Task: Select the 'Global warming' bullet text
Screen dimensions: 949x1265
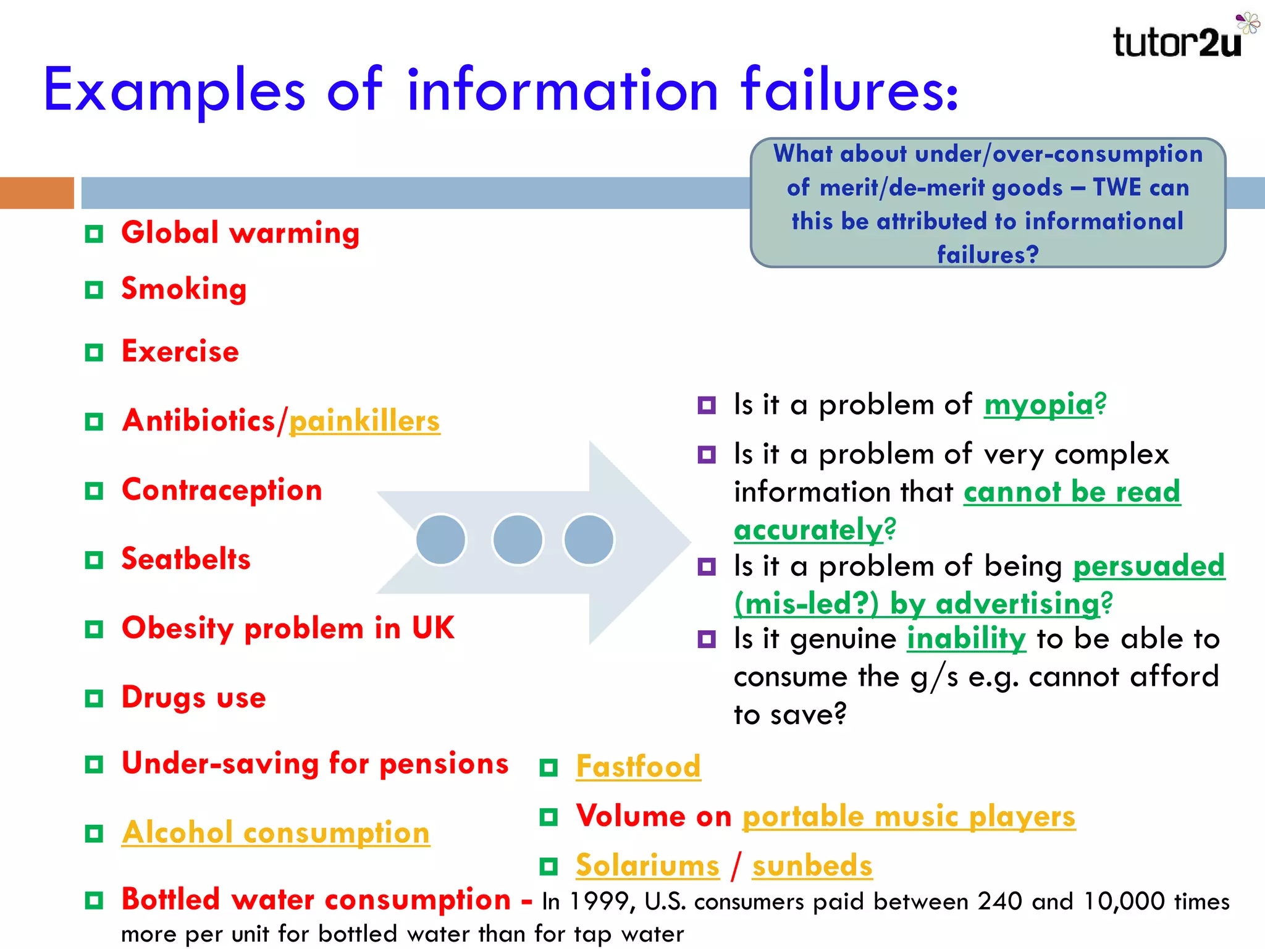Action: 240,234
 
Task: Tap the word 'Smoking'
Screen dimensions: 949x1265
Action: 184,289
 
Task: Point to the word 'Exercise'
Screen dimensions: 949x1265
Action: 180,352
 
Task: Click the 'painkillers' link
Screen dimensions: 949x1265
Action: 364,421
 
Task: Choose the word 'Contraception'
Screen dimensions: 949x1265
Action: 222,491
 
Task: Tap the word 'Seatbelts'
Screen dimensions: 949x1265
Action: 186,559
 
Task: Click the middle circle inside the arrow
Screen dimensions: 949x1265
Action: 518,539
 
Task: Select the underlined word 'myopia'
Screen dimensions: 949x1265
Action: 1039,405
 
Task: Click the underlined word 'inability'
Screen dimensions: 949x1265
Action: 966,639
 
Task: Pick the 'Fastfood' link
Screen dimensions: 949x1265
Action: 638,767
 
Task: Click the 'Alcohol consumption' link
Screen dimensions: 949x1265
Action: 275,832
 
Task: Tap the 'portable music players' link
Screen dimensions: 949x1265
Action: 909,816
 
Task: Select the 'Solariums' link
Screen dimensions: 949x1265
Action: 647,865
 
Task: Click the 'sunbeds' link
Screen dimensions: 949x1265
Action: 812,866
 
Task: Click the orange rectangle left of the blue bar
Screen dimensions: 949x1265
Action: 37,193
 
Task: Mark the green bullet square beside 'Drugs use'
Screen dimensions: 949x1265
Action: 94,699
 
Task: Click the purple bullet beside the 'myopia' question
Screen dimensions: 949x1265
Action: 707,406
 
